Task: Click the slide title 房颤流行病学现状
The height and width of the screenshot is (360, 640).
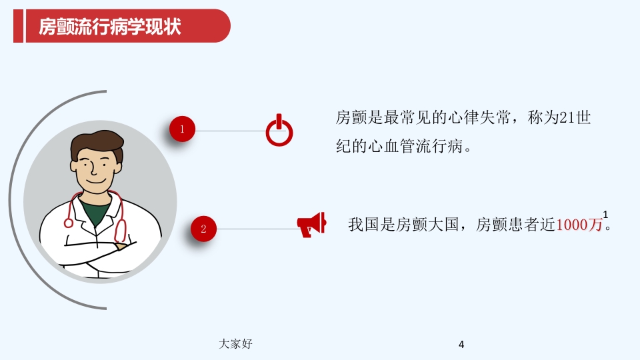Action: point(110,27)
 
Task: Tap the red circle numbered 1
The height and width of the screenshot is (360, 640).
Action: point(182,130)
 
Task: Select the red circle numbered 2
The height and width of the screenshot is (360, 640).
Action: point(204,229)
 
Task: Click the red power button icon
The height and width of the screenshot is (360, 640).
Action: point(279,131)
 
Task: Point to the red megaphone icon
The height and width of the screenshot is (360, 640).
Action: point(311,225)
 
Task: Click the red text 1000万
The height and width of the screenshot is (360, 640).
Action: point(579,225)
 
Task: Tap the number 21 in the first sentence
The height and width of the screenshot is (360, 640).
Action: point(567,119)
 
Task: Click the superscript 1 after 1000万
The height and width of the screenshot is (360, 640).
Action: point(605,214)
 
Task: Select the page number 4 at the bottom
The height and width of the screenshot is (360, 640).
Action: point(461,345)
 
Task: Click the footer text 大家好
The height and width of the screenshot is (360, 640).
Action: point(235,343)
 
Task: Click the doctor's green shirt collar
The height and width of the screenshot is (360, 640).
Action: point(97,213)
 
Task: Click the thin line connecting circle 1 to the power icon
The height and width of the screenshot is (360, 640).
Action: point(230,131)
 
